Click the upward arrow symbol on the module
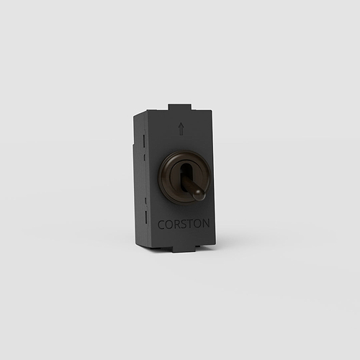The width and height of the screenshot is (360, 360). tap(181, 129)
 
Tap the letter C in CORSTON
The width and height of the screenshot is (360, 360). tap(161, 225)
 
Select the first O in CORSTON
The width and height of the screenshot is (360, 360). tap(169, 225)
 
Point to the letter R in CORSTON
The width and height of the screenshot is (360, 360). tap(177, 224)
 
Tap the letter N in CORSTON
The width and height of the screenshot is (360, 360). tap(206, 223)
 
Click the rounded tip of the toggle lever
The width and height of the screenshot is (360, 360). tap(199, 194)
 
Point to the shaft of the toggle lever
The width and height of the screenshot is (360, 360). tap(190, 185)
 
